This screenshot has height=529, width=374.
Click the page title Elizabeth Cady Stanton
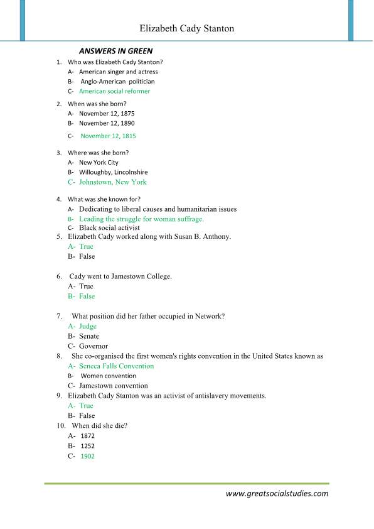tap(186, 28)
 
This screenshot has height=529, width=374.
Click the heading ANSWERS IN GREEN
tap(115, 51)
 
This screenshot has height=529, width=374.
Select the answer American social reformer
tap(114, 91)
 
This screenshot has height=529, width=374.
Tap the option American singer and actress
tap(118, 72)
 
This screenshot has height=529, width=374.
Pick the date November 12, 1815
tap(108, 136)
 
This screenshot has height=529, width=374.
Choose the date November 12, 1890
tap(107, 123)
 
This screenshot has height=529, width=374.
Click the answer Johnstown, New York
tap(112, 182)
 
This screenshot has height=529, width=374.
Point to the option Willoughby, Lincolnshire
tap(113, 172)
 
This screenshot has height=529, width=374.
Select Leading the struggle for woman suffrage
tap(141, 219)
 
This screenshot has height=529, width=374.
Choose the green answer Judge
tap(88, 327)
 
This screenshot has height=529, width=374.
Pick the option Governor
tap(93, 346)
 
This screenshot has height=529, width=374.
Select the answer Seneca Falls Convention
tap(116, 366)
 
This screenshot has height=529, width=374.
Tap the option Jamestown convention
tap(114, 386)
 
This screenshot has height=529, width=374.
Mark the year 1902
tap(87, 456)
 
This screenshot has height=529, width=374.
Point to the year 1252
tap(87, 446)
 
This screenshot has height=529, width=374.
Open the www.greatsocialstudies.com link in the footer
tap(277, 494)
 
